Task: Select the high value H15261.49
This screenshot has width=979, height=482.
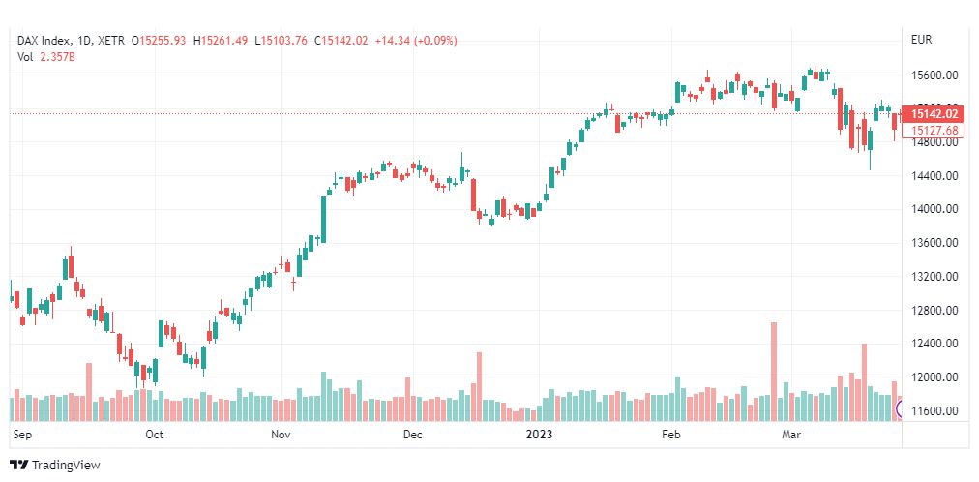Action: point(220,40)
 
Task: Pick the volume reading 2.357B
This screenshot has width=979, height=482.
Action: point(57,56)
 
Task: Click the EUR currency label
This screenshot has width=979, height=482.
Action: point(921,40)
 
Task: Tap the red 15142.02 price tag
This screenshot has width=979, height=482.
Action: point(934,113)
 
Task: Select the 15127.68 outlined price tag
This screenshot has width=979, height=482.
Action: point(934,130)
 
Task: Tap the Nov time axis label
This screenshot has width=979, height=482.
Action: point(282,436)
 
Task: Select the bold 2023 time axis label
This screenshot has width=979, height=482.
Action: point(539,436)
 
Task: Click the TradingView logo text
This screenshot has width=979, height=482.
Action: point(66,466)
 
